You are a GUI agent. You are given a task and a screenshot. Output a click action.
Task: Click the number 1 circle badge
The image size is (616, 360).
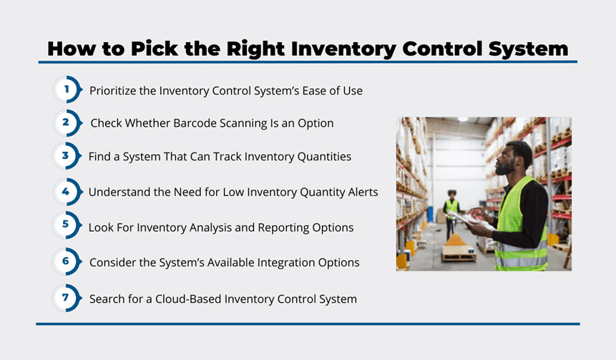67,89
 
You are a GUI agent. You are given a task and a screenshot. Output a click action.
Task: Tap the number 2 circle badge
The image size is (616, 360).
67,123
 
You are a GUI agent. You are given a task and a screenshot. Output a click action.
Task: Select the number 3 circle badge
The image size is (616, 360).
67,156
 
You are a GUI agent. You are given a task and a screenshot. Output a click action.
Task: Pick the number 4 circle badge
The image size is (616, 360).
67,192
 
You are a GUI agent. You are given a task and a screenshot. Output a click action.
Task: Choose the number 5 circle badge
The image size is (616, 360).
67,225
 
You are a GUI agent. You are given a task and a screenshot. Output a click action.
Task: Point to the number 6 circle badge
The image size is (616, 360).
67,261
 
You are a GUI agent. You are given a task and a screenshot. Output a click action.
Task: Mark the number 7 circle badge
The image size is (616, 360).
67,298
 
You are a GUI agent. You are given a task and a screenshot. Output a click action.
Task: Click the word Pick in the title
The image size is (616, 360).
155,49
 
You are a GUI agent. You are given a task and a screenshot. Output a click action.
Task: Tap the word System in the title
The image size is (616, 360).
529,50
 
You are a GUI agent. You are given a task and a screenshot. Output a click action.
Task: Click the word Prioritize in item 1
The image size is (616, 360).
112,91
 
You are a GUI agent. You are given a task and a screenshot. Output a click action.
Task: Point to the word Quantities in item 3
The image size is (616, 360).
324,157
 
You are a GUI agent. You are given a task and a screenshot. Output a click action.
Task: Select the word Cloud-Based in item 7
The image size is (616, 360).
188,299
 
